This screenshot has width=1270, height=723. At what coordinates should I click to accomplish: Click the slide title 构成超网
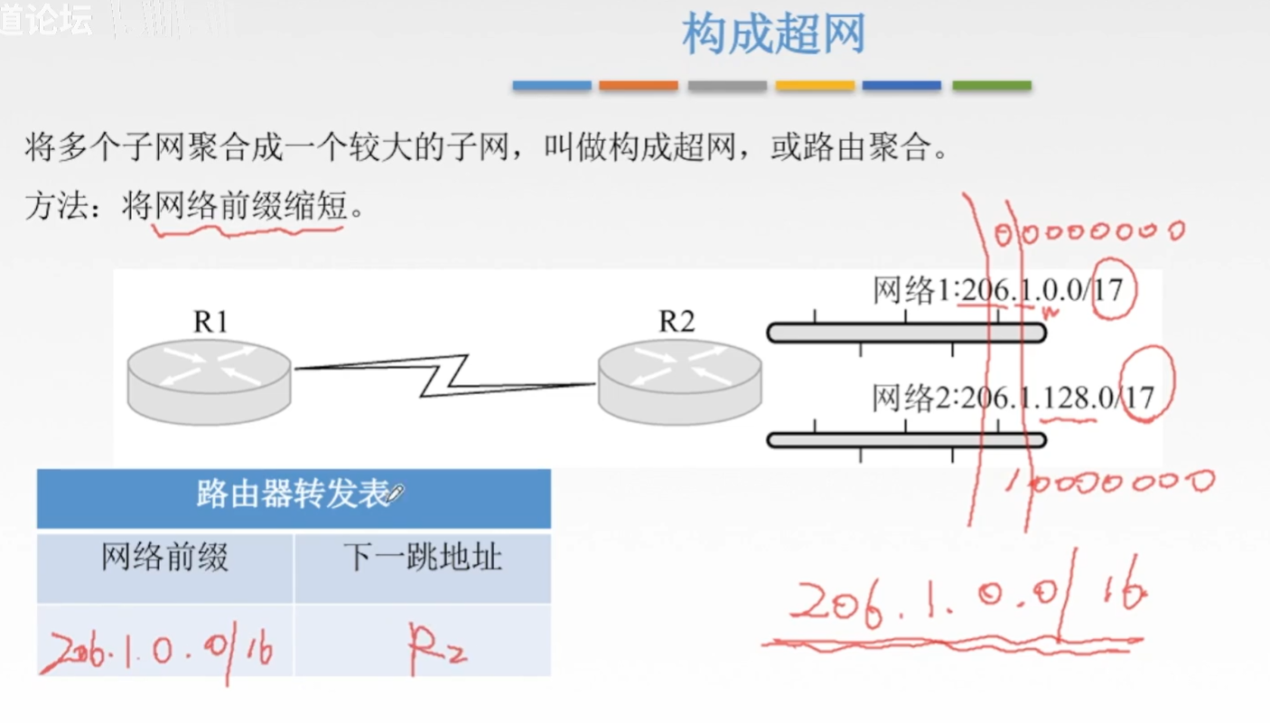pos(773,34)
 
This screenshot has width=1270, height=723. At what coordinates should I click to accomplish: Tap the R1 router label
pos(210,322)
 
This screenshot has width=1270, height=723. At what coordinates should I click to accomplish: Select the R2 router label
pos(677,322)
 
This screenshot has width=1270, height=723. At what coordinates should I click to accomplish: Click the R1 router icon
pos(209,380)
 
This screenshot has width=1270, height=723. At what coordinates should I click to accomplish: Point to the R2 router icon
pos(679,380)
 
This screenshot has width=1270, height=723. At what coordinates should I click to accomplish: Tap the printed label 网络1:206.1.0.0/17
pos(997,291)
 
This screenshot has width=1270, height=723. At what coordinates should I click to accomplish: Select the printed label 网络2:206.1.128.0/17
pos(1012,398)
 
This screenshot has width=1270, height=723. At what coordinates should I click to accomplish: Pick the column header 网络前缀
pos(164,559)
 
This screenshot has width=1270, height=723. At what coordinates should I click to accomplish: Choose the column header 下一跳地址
pos(422,559)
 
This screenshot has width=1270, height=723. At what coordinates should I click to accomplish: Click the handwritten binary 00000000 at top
pos(1088,233)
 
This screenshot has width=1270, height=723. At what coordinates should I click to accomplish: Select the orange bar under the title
pos(638,86)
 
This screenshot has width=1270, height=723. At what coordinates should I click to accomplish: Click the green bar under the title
pos(991,86)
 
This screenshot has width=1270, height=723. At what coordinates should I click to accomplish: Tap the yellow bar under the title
pos(815,86)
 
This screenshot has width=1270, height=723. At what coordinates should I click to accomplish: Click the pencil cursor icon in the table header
pos(396,493)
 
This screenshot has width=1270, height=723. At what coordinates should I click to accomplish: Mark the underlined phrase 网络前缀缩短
pos(250,208)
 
